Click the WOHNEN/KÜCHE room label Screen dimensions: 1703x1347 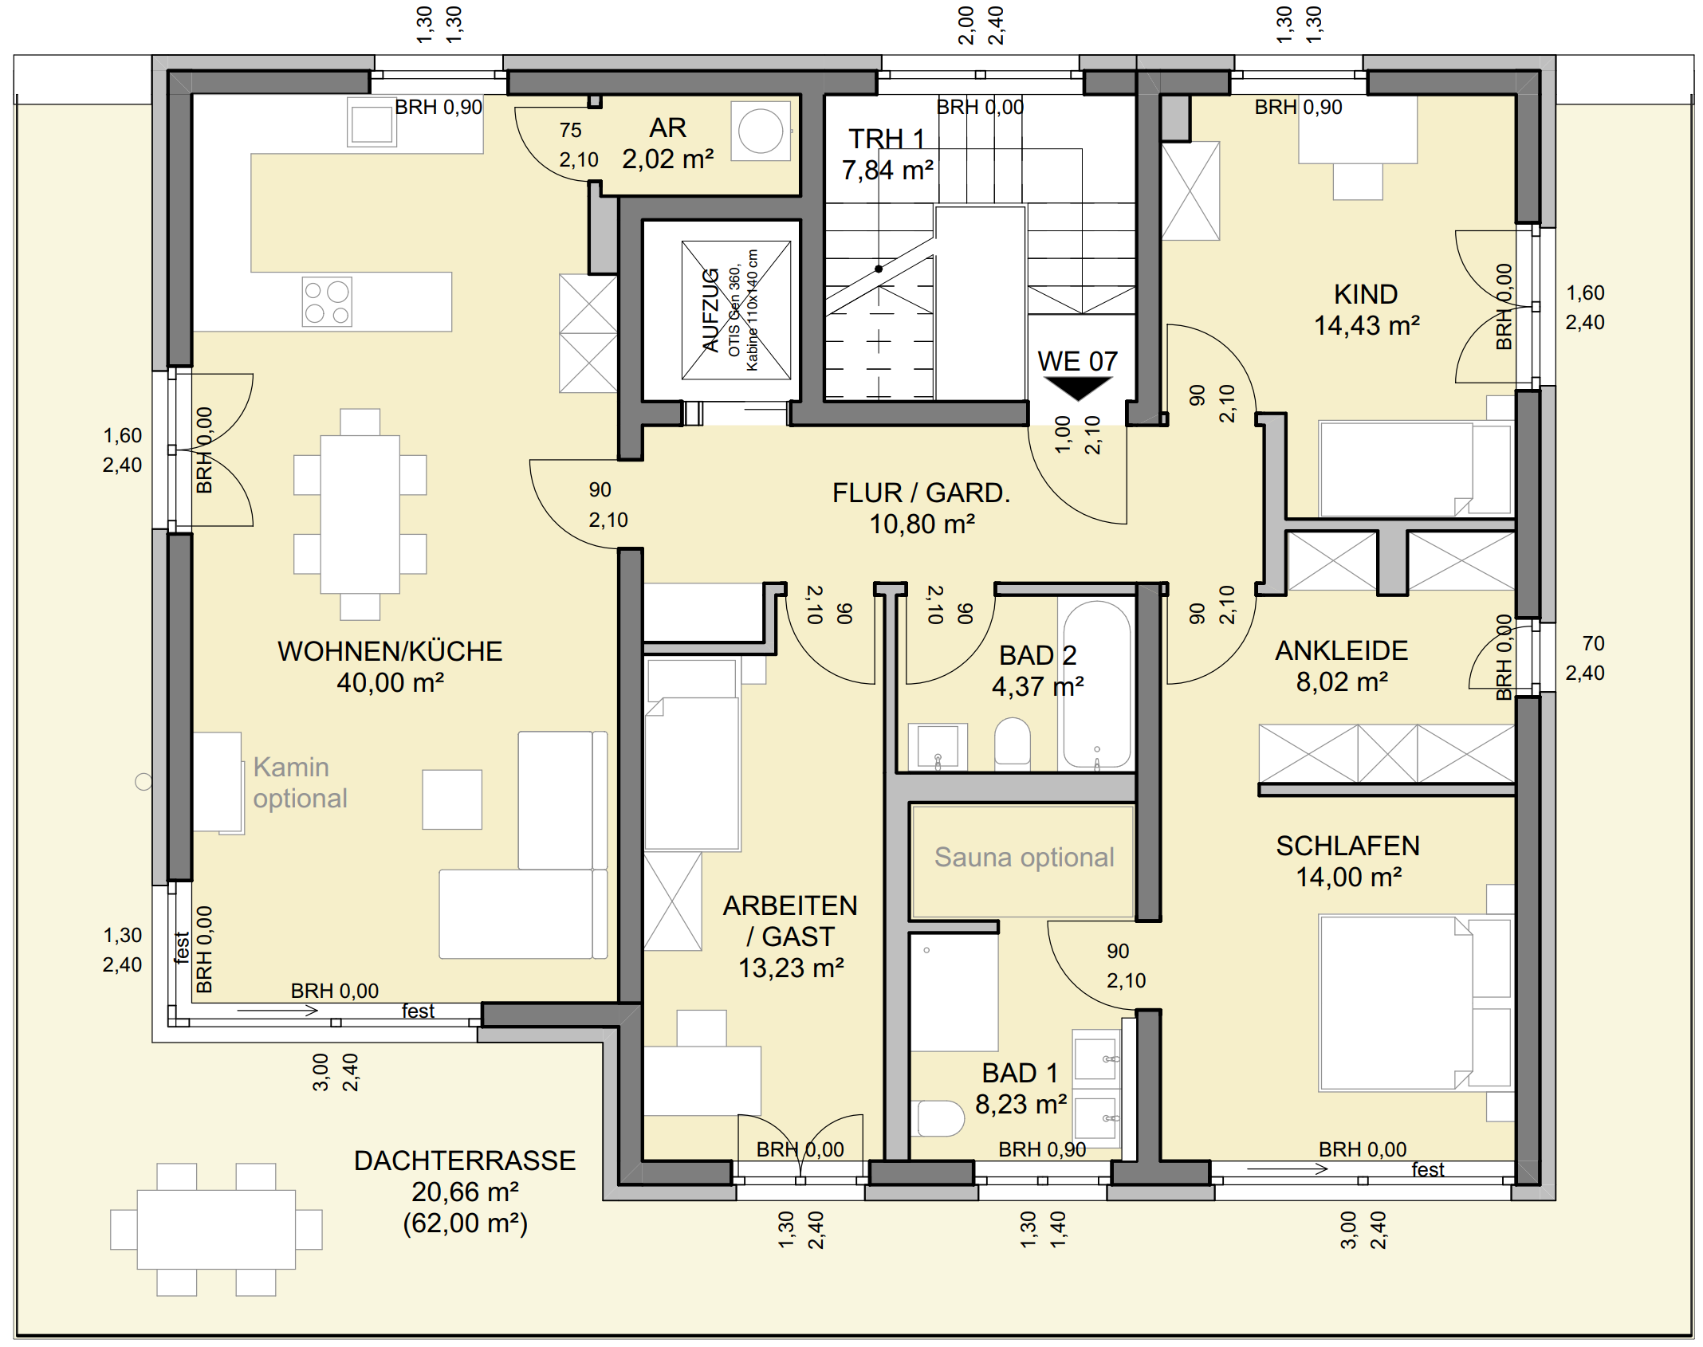(390, 651)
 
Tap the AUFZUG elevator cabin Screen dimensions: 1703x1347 (736, 310)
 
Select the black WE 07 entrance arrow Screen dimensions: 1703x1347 (1077, 388)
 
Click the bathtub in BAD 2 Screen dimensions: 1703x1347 (1097, 685)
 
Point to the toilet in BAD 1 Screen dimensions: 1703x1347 (941, 1118)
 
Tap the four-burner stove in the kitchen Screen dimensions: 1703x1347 (327, 302)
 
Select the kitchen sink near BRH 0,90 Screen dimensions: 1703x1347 (372, 124)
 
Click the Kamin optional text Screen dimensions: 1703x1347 (300, 783)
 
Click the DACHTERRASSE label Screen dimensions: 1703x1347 (465, 1160)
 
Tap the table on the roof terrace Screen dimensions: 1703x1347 (216, 1229)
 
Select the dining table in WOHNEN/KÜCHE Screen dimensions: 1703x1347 (360, 514)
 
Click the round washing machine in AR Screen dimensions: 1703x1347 (761, 132)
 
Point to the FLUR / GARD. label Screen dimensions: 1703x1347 (922, 493)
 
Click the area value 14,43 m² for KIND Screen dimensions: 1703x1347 (1367, 326)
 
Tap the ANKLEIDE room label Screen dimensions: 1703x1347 (1342, 651)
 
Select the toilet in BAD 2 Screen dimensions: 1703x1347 (1013, 742)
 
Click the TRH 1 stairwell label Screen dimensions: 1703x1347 (887, 139)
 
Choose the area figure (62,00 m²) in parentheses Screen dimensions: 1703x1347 (465, 1223)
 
